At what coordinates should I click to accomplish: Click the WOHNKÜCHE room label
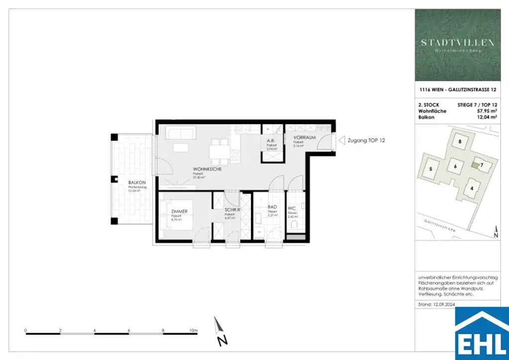tap(207, 169)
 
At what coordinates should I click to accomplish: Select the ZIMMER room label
tap(179, 211)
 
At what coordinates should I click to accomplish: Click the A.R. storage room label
tap(271, 141)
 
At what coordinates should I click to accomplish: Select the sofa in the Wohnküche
tap(180, 133)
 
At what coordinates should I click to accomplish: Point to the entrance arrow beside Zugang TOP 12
tap(341, 141)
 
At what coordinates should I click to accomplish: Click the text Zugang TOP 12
tap(367, 141)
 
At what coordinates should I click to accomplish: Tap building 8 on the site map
tap(460, 142)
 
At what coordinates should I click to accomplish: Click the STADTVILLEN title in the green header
tap(458, 43)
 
